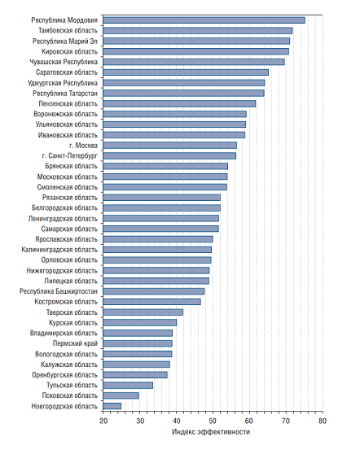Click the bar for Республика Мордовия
(204, 20)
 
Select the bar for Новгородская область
(112, 406)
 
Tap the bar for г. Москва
(169, 146)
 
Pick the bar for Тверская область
(143, 312)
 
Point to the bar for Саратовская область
(186, 72)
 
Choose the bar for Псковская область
(121, 395)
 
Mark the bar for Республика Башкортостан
(154, 291)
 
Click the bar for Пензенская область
(179, 103)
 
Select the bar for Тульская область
(128, 385)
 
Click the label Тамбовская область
(68, 30)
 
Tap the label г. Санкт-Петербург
(69, 155)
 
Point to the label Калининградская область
(59, 250)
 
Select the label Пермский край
(75, 343)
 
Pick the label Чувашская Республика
(64, 62)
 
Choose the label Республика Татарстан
(65, 94)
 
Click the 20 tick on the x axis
(103, 413)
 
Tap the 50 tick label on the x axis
(213, 421)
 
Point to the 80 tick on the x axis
(323, 413)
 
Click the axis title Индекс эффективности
(211, 432)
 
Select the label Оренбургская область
(64, 375)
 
